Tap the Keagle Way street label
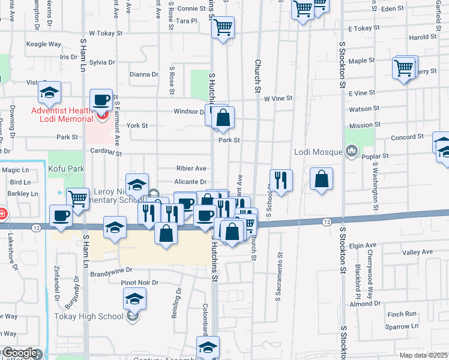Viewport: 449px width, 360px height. [x=44, y=44]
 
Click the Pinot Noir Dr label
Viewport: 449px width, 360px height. [x=139, y=282]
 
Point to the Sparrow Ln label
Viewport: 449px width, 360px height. [x=402, y=326]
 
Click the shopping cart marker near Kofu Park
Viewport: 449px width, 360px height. [x=77, y=199]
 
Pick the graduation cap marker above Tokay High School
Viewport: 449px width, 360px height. [x=135, y=298]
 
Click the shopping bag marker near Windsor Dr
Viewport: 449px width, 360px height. [x=223, y=118]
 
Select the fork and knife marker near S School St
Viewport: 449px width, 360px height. [x=280, y=179]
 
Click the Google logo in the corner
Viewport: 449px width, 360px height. [x=20, y=353]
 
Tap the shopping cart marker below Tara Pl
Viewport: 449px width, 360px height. [x=223, y=26]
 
